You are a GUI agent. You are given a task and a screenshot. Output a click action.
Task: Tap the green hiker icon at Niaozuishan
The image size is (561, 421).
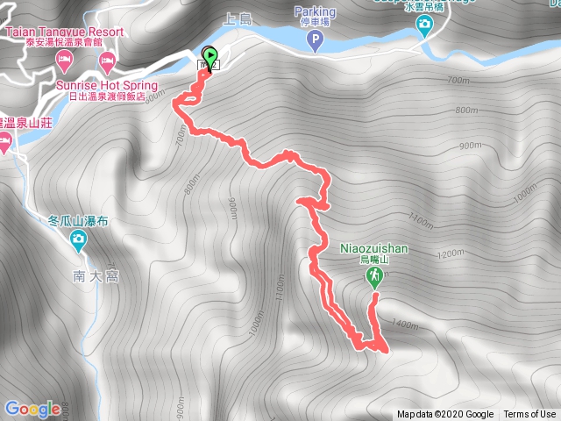375,278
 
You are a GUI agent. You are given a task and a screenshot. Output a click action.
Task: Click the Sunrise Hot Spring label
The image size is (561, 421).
105,85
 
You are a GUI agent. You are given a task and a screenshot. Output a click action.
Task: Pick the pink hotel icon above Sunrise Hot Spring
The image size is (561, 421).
108,62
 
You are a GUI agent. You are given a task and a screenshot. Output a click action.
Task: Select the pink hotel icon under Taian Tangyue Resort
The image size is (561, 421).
64,60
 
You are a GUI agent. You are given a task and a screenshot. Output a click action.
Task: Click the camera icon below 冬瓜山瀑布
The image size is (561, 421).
79,239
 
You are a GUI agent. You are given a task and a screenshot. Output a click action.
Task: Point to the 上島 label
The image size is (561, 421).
238,18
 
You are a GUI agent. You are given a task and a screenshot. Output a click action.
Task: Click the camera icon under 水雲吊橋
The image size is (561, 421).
424,24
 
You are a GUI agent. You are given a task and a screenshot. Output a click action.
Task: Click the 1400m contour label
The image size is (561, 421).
405,325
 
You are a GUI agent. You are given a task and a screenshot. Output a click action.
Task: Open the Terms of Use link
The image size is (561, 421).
529,415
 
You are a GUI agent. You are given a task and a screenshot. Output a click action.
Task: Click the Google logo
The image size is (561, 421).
32,409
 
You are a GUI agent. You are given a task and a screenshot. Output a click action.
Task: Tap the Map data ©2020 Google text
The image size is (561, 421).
444,415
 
